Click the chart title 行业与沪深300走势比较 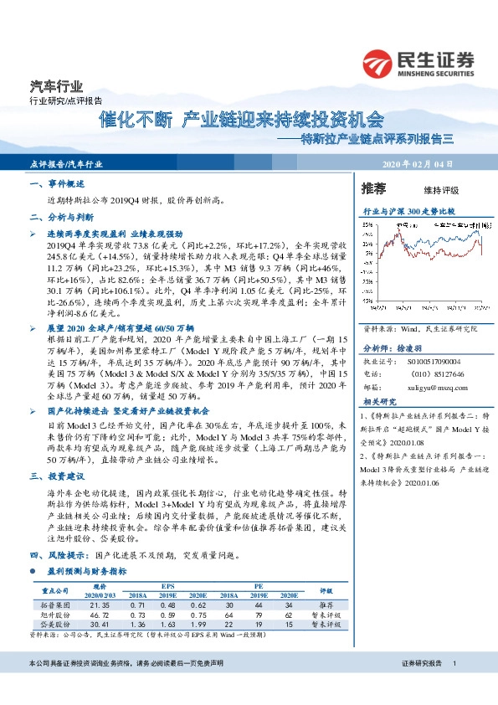coord(409,213)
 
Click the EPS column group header coord(168,587)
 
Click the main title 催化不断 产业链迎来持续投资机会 coord(243,119)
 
